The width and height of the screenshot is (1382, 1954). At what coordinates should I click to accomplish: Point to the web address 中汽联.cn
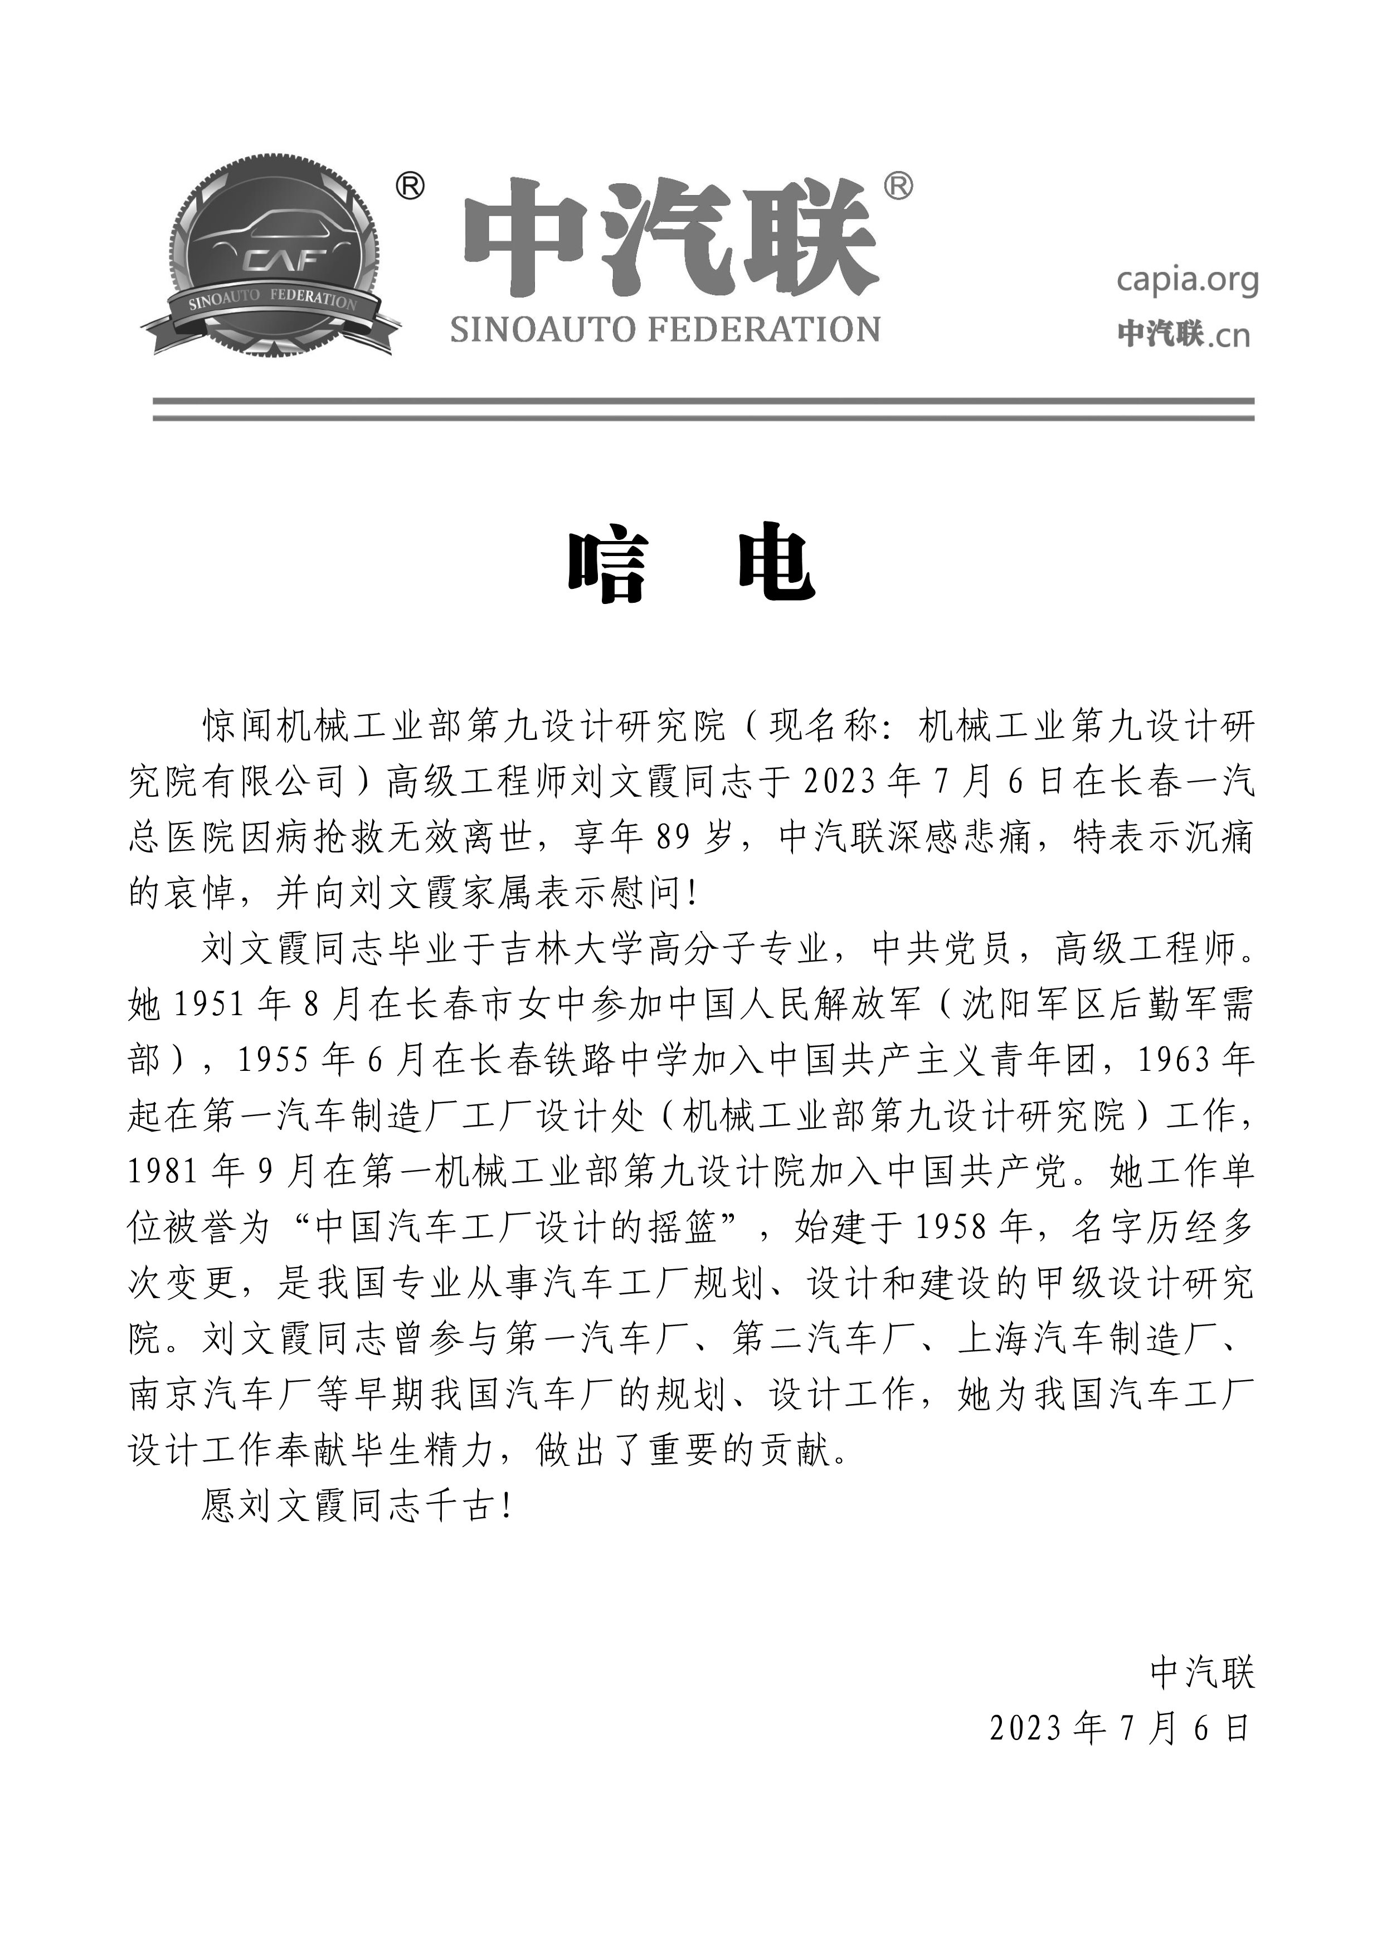(1184, 334)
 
